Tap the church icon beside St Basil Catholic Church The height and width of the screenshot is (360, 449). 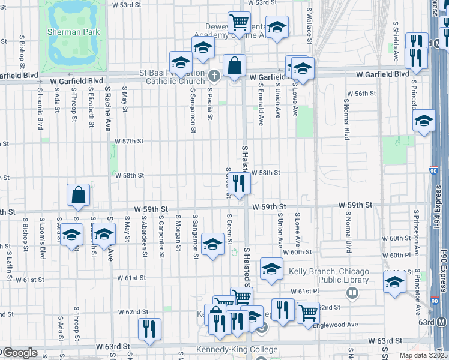click(x=215, y=76)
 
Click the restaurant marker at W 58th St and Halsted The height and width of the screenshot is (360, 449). click(x=239, y=184)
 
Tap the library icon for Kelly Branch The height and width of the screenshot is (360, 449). click(x=352, y=293)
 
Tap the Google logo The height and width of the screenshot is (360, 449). click(x=20, y=353)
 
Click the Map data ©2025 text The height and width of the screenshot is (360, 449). click(x=423, y=355)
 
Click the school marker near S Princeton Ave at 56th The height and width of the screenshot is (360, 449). click(x=424, y=121)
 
